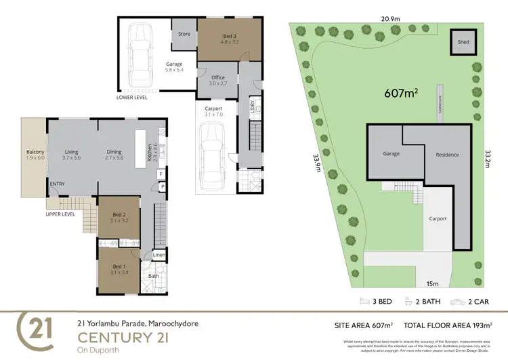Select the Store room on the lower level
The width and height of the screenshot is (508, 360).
point(184,33)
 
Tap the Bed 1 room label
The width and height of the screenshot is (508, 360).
point(119,269)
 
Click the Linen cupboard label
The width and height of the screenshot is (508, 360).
point(158,255)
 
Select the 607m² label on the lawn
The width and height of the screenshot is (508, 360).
point(402,94)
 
